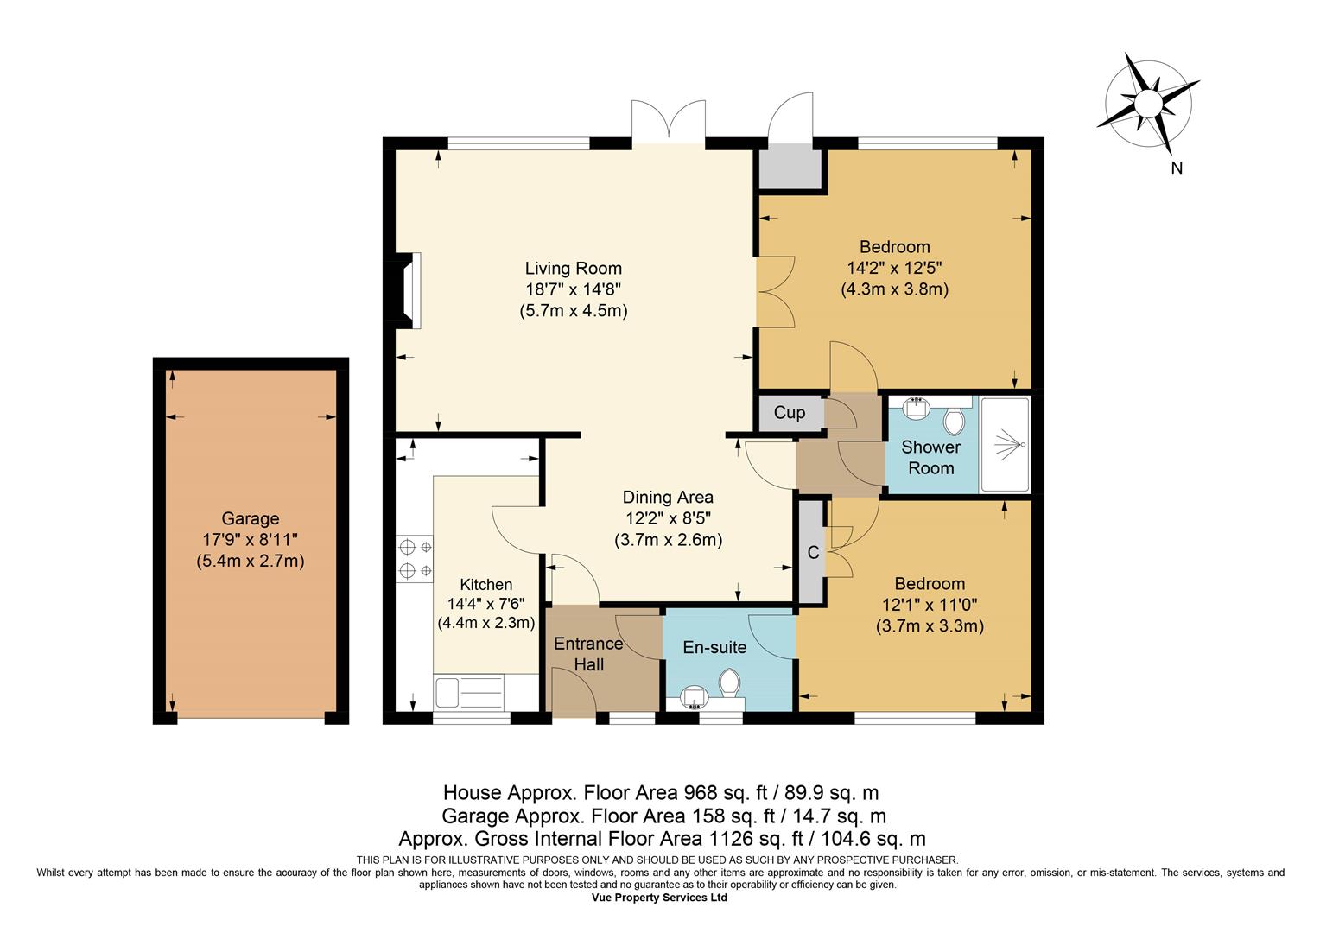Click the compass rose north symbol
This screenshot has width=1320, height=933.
click(1146, 105)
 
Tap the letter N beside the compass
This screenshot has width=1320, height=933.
click(1177, 168)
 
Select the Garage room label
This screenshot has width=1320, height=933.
click(251, 518)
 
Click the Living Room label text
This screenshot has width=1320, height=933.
click(574, 269)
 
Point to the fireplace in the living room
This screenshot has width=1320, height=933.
click(408, 290)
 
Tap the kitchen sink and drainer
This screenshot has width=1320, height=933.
click(469, 693)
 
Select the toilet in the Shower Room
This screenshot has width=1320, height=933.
click(954, 421)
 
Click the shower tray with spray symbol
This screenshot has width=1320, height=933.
click(1005, 444)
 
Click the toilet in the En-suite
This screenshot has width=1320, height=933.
click(729, 683)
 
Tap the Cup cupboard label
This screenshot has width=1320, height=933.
click(789, 413)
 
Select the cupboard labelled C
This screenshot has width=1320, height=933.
click(812, 552)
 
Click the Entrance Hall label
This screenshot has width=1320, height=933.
click(588, 654)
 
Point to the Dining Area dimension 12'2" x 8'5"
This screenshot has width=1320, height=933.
click(669, 518)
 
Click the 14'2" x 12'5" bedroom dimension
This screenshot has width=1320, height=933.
click(894, 268)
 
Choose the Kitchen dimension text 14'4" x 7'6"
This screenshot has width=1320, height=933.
click(486, 604)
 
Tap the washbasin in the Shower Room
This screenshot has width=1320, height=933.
click(917, 408)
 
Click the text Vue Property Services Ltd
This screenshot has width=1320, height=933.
click(659, 898)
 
